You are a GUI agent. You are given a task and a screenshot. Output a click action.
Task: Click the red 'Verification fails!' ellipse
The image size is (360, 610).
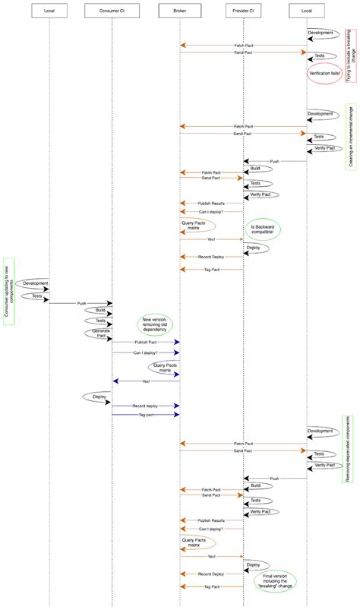tap(324, 73)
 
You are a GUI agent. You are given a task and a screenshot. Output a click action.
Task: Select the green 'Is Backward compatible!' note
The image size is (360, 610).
tap(263, 229)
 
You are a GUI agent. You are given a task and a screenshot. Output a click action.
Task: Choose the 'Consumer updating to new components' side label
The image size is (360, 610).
tap(8, 290)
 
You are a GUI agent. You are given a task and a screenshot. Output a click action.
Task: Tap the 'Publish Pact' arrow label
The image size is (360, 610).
tap(147, 342)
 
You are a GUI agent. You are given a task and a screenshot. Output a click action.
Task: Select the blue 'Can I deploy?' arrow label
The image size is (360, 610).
tap(147, 352)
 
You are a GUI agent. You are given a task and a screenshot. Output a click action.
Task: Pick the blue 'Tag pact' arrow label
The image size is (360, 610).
tap(145, 415)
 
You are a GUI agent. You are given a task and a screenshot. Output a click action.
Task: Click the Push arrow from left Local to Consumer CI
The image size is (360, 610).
tap(81, 302)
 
